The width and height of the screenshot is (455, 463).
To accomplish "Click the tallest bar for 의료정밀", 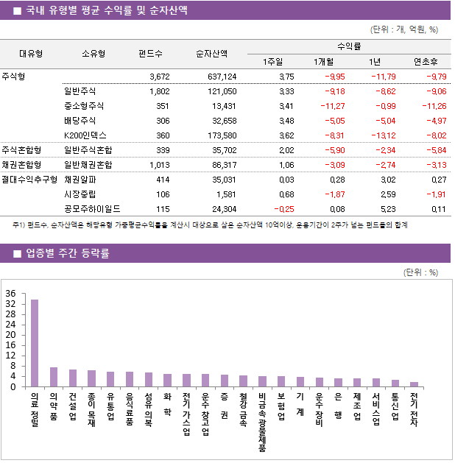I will (35, 343).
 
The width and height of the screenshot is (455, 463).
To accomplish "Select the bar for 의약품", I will (54, 377).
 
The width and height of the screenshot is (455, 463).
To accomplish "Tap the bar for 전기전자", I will (414, 384).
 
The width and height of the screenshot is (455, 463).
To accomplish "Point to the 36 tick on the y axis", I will (10, 294).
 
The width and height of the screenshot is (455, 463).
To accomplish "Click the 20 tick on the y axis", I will (10, 335).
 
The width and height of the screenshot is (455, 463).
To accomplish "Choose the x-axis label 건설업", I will (72, 406).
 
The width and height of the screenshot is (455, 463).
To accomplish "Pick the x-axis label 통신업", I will (395, 406).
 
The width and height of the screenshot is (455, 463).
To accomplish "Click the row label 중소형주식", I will (85, 106).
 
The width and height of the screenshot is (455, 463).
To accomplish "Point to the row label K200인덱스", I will (86, 135).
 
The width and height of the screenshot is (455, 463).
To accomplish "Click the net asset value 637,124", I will (222, 77).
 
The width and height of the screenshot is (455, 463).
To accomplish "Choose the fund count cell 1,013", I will (158, 164).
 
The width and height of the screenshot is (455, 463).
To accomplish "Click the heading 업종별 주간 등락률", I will (68, 254).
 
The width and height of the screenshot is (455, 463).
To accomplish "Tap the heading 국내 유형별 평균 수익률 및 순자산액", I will (106, 10).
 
